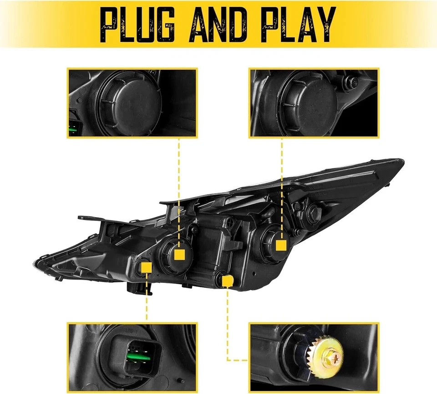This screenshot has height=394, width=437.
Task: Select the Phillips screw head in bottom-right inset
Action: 336,359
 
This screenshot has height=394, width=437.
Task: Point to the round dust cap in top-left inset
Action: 123,100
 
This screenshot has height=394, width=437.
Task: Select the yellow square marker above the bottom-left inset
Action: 146,267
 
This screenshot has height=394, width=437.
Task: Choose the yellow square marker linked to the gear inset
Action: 227,281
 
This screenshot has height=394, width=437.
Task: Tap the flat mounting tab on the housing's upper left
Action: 89,218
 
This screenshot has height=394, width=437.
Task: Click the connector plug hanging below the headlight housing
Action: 137,289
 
